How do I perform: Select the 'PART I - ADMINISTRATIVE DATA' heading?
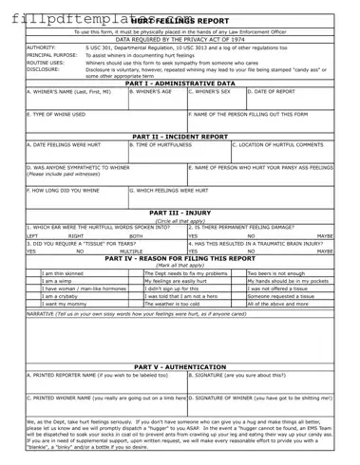coord(180,84)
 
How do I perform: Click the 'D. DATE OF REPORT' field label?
coord(275,93)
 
